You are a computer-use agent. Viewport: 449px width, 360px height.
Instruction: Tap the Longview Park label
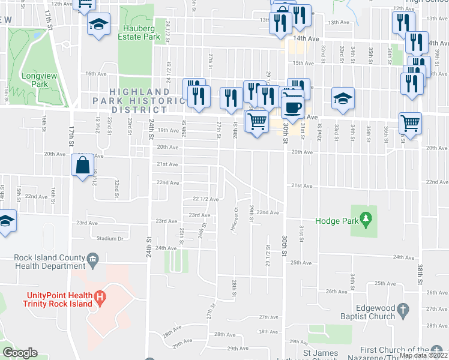(x=35, y=80)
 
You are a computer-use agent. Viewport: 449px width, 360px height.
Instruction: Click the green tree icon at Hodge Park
(x=364, y=220)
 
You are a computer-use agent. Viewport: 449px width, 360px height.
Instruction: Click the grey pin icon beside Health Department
(x=92, y=259)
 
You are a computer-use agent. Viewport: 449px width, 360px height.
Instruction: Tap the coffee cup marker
(x=292, y=107)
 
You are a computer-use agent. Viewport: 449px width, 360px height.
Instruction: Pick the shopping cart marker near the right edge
(x=411, y=122)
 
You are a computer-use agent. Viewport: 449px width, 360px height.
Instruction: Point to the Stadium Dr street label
(x=110, y=238)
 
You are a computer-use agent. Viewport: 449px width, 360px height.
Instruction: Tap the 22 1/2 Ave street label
(x=205, y=199)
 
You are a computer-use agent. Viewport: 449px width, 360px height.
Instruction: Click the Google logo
(x=20, y=353)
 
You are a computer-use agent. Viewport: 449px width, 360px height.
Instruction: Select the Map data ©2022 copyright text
(x=423, y=355)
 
